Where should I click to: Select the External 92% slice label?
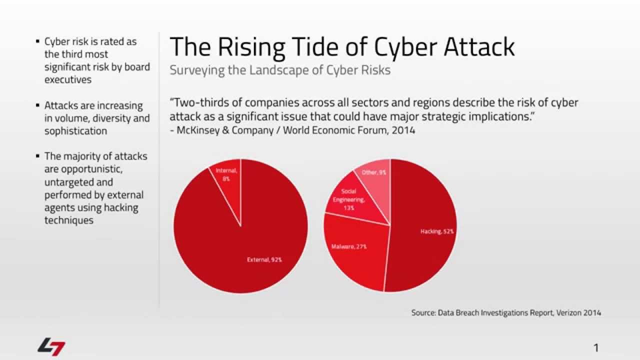[x=264, y=259]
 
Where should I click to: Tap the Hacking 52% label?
[x=436, y=231]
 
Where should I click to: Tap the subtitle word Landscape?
[x=269, y=70]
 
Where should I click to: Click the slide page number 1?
[x=596, y=347]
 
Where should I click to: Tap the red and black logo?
[x=51, y=346]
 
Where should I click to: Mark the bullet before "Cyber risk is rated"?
[x=38, y=41]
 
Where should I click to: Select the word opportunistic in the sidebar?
[x=84, y=169]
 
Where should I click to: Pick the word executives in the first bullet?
[x=68, y=79]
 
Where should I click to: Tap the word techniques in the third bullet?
[x=68, y=220]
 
